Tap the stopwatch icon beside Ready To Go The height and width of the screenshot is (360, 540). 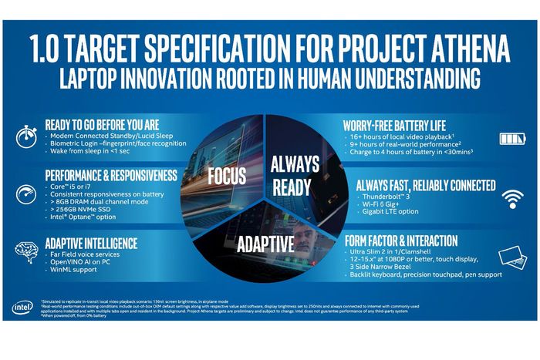25,134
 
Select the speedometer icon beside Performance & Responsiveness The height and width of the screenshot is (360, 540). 25,193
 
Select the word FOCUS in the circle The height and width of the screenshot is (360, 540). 227,176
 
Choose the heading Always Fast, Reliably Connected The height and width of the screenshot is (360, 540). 424,184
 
